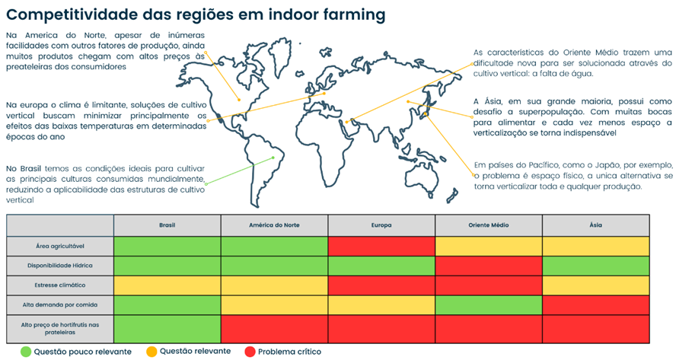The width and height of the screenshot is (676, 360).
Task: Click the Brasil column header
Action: click(167, 225)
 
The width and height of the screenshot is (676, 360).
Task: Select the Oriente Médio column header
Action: click(489, 225)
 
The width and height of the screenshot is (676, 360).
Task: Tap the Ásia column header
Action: click(595, 225)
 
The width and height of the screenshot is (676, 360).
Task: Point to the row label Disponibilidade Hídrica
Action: click(60, 266)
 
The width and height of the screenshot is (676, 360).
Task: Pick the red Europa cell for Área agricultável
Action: click(381, 246)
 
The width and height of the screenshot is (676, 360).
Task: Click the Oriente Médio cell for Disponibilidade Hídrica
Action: click(489, 266)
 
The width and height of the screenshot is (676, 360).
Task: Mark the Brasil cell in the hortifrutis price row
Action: click(167, 329)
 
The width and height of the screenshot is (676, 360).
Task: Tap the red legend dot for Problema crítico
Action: click(249, 352)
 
